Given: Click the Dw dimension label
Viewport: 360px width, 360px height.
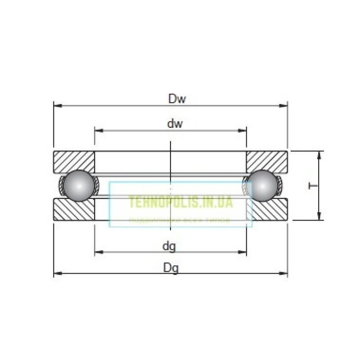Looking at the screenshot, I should pyautogui.click(x=177, y=99).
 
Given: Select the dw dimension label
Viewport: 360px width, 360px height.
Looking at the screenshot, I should pyautogui.click(x=175, y=124).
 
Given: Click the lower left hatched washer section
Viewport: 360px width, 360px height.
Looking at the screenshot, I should pyautogui.click(x=74, y=210).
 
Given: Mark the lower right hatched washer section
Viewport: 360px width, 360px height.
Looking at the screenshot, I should pyautogui.click(x=267, y=210).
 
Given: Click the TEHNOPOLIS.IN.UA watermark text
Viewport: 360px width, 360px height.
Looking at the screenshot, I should pyautogui.click(x=180, y=202).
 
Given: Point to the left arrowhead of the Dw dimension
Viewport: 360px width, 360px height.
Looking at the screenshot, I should pyautogui.click(x=57, y=106).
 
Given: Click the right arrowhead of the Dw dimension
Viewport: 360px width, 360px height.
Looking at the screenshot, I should pyautogui.click(x=284, y=106).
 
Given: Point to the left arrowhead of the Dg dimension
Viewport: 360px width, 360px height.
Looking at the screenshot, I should pyautogui.click(x=57, y=273).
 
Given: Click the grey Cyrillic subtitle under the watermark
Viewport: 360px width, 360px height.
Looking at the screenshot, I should pyautogui.click(x=180, y=220).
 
